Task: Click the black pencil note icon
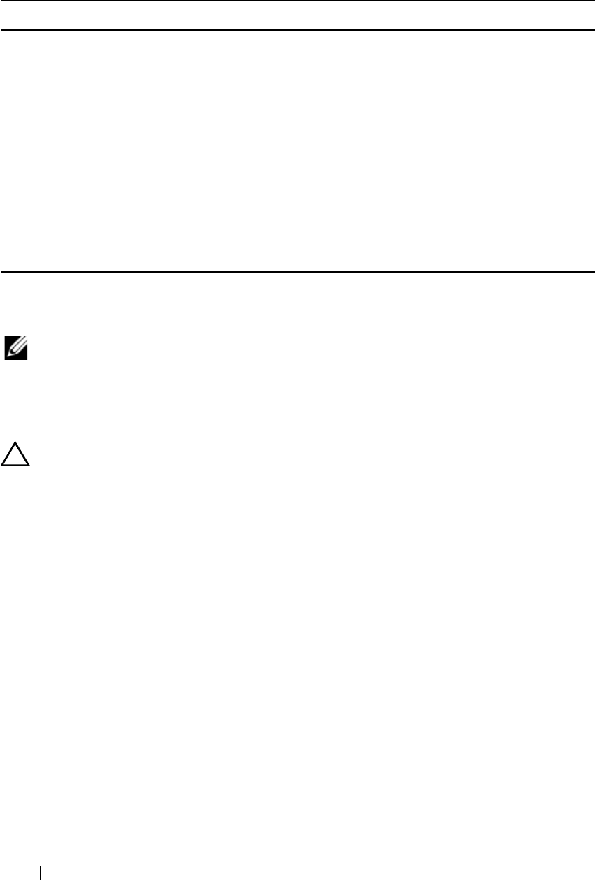[x=16, y=348]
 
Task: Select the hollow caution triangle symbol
[x=16, y=456]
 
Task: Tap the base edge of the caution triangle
[x=16, y=466]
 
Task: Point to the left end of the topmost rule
[x=1, y=1]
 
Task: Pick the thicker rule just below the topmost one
[x=298, y=30]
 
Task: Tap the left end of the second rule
[x=1, y=30]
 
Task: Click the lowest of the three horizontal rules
[x=298, y=271]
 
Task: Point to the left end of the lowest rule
[x=1, y=271]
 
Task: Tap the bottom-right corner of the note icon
[x=27, y=359]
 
